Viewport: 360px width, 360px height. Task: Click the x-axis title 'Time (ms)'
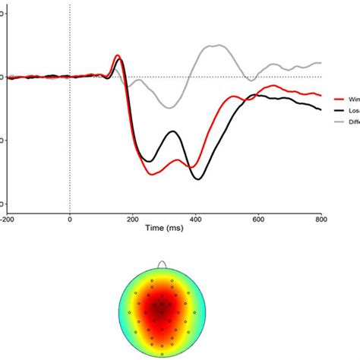pos(164,227)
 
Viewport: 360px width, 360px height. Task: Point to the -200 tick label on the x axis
pos(8,219)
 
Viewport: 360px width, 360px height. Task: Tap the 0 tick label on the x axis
pos(70,219)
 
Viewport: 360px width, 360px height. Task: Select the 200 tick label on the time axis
pos(133,219)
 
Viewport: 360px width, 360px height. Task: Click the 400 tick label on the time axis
pos(196,219)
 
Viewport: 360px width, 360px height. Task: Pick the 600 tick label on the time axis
pos(259,219)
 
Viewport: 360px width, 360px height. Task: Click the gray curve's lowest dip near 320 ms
pos(169,108)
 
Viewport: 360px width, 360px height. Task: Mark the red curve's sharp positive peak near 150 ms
pos(118,55)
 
